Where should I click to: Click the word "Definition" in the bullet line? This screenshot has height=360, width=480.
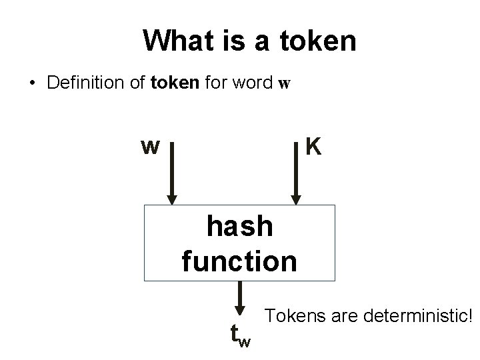(x=75, y=85)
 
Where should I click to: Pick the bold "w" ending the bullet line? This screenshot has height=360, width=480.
(x=284, y=86)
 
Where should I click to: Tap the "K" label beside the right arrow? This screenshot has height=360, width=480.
(x=313, y=146)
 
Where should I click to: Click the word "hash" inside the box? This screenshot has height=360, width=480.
(x=240, y=227)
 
